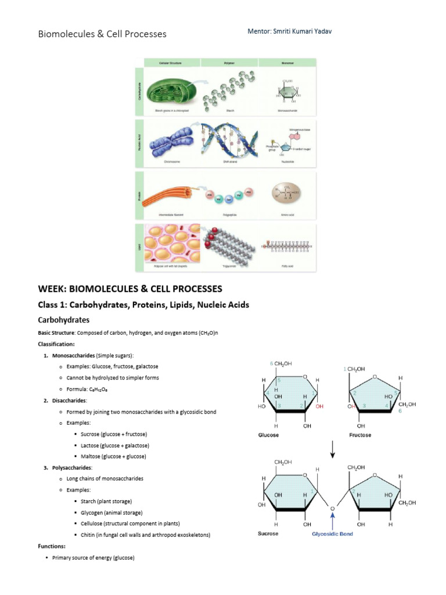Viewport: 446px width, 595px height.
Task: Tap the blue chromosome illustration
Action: [168, 142]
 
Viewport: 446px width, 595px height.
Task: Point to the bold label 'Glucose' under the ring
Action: [268, 435]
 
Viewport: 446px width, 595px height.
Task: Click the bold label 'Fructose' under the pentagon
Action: [360, 435]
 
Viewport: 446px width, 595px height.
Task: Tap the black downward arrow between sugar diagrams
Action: [332, 450]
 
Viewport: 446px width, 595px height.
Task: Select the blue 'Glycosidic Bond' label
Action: [332, 534]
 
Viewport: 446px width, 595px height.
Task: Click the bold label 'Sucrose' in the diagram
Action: [268, 534]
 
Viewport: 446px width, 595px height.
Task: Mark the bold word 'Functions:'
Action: [52, 546]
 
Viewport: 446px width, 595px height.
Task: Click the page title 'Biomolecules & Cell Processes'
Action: [102, 34]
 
